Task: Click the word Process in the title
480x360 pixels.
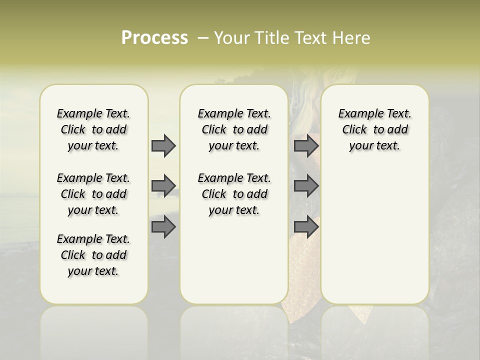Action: [154, 37]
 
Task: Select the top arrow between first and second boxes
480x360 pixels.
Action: [163, 145]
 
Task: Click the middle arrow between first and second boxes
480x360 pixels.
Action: [163, 186]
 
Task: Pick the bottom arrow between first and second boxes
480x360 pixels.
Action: [163, 227]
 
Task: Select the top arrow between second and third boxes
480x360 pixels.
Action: [306, 145]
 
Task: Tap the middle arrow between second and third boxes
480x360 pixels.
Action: [306, 186]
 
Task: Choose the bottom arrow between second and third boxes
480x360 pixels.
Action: [306, 227]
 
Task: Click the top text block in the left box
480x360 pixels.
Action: [93, 129]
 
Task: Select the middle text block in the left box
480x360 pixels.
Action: [93, 194]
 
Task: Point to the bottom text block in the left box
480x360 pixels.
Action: [93, 255]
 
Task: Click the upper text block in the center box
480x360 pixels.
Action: [234, 129]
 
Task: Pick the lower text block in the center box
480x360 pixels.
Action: [234, 194]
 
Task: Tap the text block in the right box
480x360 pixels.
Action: [374, 129]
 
